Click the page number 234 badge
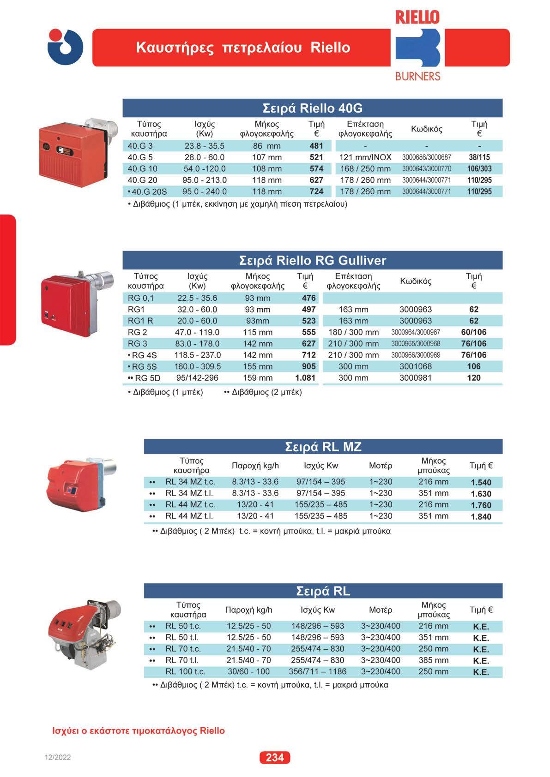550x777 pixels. (x=275, y=757)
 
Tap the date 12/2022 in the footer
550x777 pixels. (x=58, y=758)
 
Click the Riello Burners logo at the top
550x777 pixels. (x=417, y=46)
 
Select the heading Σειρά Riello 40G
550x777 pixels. (x=312, y=108)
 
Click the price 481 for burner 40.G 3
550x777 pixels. (x=316, y=146)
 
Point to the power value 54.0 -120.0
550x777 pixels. (x=205, y=169)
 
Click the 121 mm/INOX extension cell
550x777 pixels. (x=365, y=157)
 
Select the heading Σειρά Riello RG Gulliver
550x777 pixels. (x=312, y=261)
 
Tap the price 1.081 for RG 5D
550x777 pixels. (x=305, y=378)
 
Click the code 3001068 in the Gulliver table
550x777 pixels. (x=416, y=366)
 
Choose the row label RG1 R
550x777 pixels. (x=140, y=321)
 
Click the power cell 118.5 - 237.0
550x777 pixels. (x=198, y=355)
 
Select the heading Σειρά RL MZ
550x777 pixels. (x=323, y=447)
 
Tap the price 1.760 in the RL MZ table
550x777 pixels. (x=481, y=505)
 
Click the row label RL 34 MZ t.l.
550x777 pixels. (x=189, y=493)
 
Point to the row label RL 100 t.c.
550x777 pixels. (x=185, y=672)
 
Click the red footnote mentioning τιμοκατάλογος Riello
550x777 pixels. (x=139, y=731)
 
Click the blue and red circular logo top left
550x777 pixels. (x=65, y=47)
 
